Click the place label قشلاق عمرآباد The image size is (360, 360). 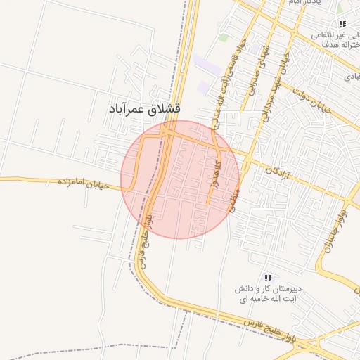pyautogui.click(x=144, y=109)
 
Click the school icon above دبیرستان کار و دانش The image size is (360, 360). pyautogui.click(x=267, y=278)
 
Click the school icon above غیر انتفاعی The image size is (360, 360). pyautogui.click(x=342, y=24)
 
